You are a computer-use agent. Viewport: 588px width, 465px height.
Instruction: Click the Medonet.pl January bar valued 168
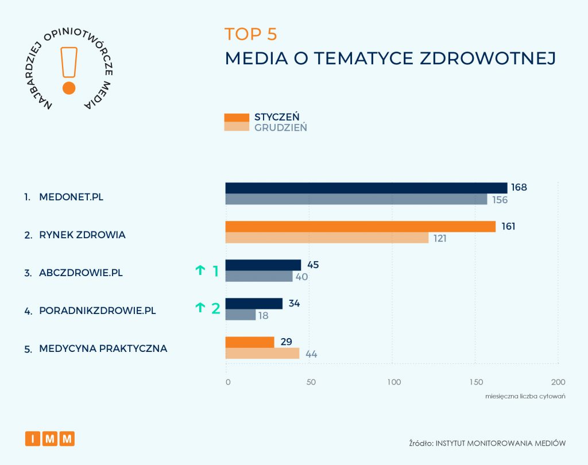click(366, 188)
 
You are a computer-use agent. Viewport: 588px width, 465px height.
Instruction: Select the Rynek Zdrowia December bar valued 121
click(327, 238)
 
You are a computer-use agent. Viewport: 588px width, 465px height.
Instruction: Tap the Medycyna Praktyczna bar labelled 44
click(262, 354)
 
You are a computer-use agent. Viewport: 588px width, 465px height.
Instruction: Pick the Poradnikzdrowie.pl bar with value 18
click(240, 315)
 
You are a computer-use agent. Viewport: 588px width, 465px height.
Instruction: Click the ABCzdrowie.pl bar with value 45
click(263, 265)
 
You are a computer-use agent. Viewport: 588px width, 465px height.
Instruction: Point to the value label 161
click(508, 226)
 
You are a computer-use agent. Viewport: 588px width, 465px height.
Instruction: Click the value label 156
click(500, 200)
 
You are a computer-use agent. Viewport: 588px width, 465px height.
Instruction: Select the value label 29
click(287, 342)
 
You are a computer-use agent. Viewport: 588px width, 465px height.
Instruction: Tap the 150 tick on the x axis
click(475, 382)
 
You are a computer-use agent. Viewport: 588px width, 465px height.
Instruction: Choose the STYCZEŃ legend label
click(277, 117)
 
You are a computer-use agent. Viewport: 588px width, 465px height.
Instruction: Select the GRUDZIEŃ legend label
click(280, 127)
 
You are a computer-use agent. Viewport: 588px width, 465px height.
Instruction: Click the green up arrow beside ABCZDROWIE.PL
click(200, 270)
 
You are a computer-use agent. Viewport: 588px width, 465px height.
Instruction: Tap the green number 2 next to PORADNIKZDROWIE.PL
click(216, 309)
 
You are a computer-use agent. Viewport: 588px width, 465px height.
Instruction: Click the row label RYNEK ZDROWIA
click(82, 235)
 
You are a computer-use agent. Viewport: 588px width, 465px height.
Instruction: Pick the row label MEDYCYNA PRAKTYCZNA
click(103, 348)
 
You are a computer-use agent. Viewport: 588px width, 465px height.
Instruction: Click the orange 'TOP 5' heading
click(251, 34)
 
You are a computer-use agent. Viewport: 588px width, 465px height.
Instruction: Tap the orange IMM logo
click(50, 439)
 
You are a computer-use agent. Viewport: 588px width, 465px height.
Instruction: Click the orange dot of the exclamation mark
click(69, 88)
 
